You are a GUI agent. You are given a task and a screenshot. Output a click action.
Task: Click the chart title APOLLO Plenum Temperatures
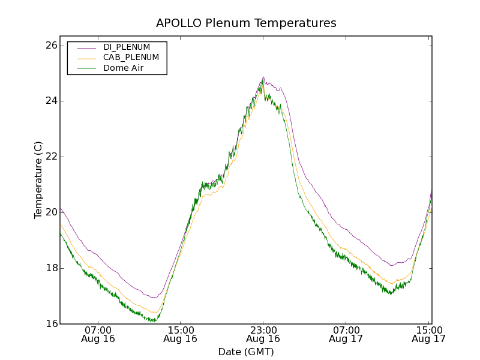[246, 23]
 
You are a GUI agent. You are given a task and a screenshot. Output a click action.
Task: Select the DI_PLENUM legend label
[127, 47]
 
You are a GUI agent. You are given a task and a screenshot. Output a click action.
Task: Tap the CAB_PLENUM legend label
[131, 58]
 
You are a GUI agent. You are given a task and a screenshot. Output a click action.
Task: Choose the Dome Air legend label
[124, 68]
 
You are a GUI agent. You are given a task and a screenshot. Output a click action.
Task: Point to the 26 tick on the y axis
[50, 46]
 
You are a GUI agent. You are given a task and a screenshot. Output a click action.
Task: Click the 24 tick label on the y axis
[50, 101]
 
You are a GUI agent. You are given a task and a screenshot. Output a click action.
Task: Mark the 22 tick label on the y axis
[50, 157]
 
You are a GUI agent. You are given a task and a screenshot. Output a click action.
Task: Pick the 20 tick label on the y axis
[50, 212]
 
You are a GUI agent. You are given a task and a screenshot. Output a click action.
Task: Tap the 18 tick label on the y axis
[50, 268]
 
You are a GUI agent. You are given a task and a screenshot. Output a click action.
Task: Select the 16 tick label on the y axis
[50, 324]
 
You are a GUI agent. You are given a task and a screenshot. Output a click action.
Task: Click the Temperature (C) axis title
[38, 180]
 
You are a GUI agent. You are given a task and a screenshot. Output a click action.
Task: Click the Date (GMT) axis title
[246, 352]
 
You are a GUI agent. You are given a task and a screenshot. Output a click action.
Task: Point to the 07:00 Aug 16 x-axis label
[98, 334]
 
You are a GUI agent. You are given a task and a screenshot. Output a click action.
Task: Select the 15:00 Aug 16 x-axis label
[181, 334]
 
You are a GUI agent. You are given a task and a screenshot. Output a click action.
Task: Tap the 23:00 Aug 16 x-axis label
[263, 334]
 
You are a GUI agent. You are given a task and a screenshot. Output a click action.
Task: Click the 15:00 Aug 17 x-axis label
[428, 334]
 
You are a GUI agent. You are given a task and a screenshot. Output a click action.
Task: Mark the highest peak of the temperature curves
[263, 77]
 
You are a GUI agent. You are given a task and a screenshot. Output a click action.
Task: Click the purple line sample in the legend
[86, 47]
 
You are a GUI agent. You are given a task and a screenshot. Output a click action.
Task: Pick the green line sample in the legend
[86, 68]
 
